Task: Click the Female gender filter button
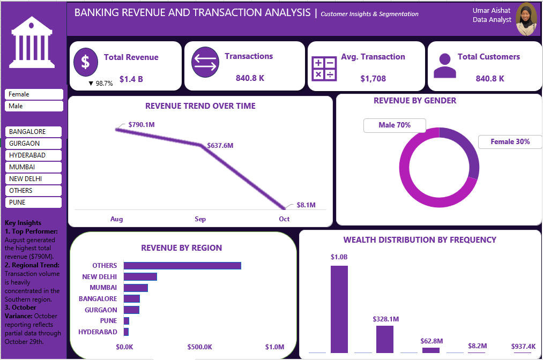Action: [34, 94]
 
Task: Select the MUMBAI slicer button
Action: [34, 167]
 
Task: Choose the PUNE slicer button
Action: [34, 202]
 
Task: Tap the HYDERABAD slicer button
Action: [34, 155]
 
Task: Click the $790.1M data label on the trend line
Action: [142, 125]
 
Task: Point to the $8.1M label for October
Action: [306, 205]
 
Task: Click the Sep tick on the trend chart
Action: [200, 219]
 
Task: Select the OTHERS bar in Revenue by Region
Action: [182, 266]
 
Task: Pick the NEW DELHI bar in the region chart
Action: [140, 276]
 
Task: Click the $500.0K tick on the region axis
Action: [200, 347]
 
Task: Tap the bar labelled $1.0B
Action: [339, 309]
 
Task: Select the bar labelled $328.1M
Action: [385, 339]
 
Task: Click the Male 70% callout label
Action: [395, 125]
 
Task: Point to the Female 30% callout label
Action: [510, 141]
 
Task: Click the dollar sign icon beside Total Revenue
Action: [86, 62]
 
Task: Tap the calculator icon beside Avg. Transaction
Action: [324, 69]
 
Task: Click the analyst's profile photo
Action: [526, 19]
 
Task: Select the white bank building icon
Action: [32, 42]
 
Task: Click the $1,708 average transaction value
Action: [373, 79]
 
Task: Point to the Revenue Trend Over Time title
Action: [200, 106]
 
